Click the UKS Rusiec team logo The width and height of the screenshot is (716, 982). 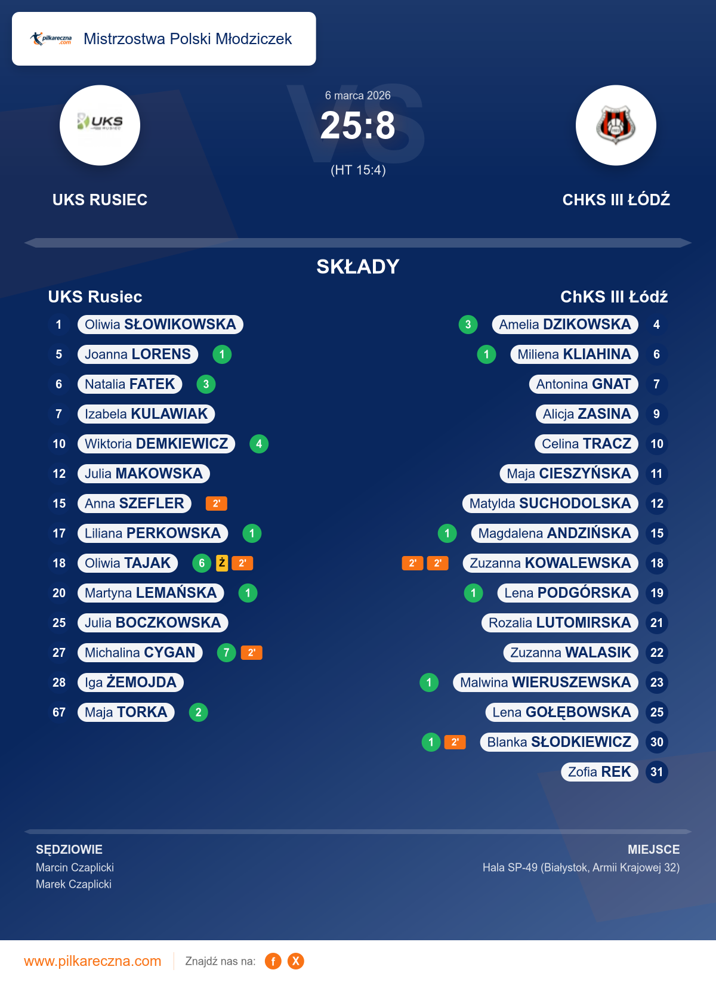tap(100, 125)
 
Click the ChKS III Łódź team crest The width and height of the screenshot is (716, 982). tap(616, 125)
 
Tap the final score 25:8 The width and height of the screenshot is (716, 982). tap(358, 126)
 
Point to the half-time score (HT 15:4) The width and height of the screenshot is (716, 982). tap(358, 170)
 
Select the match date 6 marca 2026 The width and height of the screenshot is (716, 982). tap(358, 95)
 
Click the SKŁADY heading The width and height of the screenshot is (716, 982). tap(358, 267)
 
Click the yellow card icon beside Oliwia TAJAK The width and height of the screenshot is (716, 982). tap(222, 563)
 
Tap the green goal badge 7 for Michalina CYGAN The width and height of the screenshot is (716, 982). tap(226, 653)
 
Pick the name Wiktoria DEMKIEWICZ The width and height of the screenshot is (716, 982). tap(156, 444)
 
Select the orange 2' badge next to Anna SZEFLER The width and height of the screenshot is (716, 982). tap(216, 504)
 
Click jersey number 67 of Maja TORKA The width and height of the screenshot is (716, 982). tap(59, 712)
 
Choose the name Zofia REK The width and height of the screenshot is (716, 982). tap(599, 772)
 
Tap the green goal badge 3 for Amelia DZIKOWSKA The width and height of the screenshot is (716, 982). tap(468, 325)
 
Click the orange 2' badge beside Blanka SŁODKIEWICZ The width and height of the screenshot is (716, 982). tap(455, 742)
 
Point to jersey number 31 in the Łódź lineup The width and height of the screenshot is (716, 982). tap(656, 772)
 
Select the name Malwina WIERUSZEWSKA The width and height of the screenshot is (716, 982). tap(545, 683)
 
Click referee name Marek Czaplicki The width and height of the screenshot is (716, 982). tap(73, 884)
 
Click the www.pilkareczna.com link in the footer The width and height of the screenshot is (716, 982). tap(92, 961)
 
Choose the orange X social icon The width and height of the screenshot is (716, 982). tap(295, 961)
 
